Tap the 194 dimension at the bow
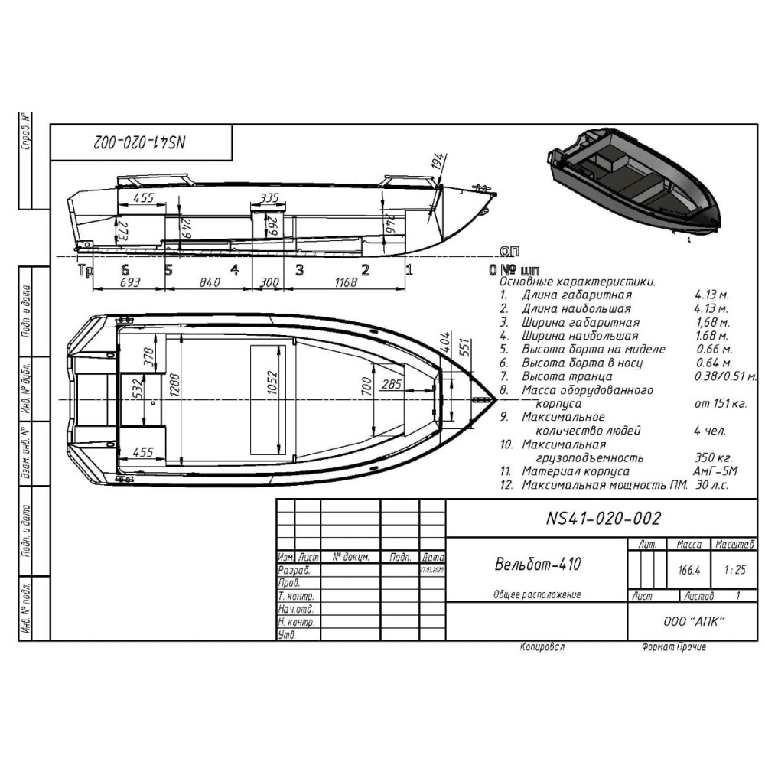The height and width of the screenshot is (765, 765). click(437, 161)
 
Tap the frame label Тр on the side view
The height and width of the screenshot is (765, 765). click(86, 269)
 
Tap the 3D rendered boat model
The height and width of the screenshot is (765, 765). click(633, 184)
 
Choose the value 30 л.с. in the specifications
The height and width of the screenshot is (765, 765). click(711, 485)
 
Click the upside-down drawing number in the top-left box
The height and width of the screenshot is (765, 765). click(142, 143)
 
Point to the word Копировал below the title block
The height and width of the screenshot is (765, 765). click(542, 647)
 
